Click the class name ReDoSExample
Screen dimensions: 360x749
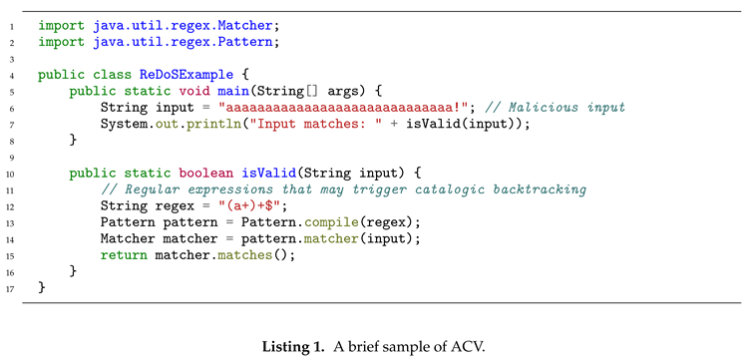tap(179, 75)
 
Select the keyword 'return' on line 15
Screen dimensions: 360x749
tap(124, 254)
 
